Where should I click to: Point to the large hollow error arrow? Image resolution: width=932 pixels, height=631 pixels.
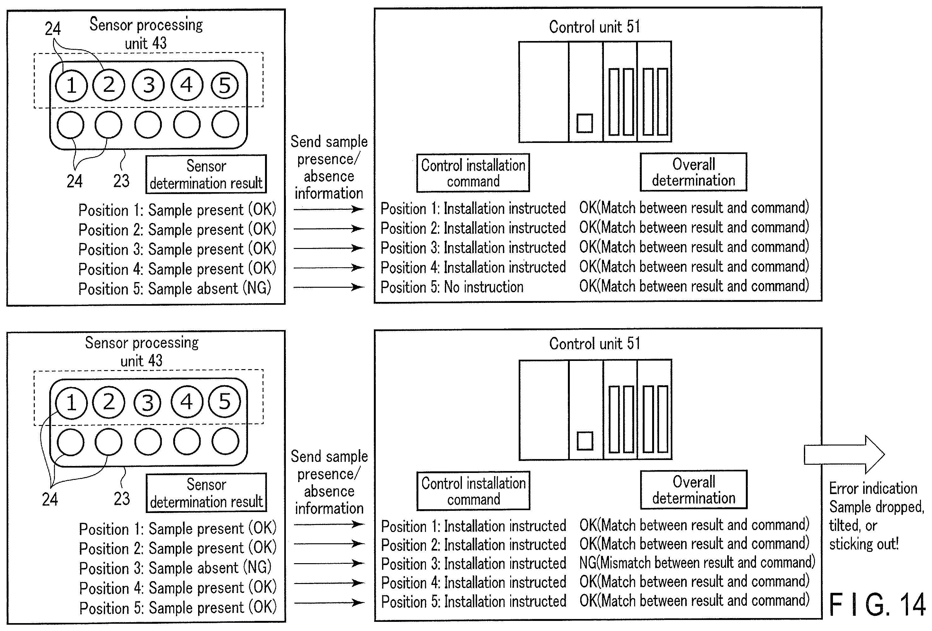844,455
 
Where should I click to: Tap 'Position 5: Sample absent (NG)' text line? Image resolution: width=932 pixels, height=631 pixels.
175,288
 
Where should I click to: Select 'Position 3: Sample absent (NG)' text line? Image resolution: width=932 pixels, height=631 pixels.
175,568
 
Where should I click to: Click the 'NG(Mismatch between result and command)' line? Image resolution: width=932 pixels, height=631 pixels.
697,563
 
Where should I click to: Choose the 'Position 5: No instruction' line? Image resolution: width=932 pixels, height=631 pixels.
452,287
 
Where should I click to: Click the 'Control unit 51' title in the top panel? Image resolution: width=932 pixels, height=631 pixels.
594,27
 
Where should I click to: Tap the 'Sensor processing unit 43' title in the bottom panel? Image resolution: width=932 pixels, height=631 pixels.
142,351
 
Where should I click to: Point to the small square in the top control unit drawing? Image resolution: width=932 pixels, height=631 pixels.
585,123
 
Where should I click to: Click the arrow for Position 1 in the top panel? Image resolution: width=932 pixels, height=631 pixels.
328,209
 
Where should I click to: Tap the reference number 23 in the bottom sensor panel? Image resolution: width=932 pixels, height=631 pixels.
121,498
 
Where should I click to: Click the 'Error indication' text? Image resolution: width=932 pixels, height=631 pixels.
873,488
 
